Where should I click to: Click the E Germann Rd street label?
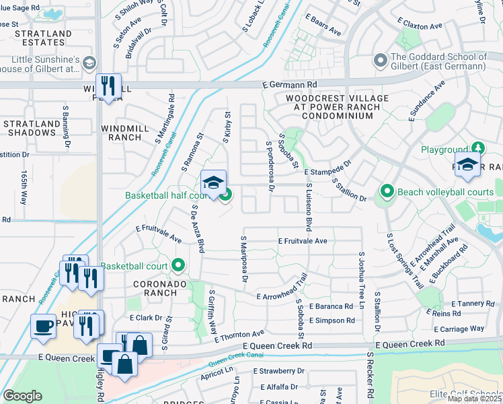tap(289, 85)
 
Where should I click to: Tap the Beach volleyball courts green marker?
tap(387, 192)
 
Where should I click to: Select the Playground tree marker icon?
tap(478, 147)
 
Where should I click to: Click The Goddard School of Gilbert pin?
tap(380, 61)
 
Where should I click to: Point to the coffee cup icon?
tap(44, 325)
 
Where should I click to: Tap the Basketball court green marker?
tap(178, 265)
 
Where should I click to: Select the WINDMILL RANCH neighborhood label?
tap(122, 133)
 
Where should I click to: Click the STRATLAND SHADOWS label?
tap(30, 128)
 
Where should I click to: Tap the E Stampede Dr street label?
tap(327, 168)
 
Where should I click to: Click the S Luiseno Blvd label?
tap(309, 207)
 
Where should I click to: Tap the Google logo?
tap(22, 395)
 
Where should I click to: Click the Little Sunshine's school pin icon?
tap(89, 63)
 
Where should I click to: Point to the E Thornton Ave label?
tap(239, 335)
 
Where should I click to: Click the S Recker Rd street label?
tap(369, 374)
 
